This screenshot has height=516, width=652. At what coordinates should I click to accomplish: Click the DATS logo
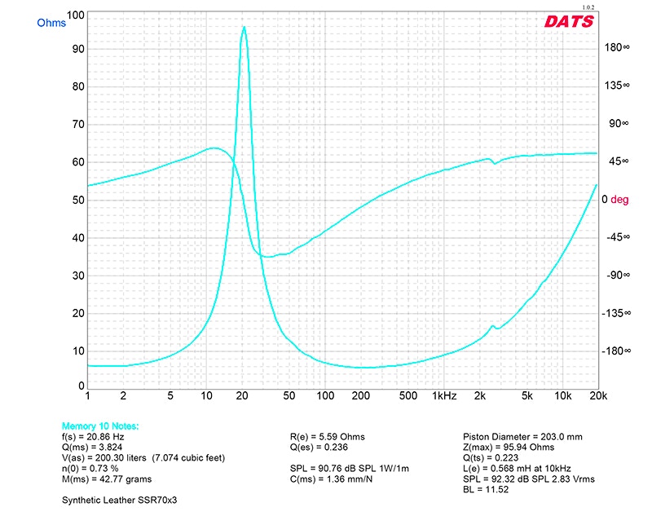(569, 22)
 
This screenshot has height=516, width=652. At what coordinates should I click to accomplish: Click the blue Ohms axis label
(51, 23)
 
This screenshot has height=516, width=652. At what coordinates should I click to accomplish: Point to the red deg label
(621, 199)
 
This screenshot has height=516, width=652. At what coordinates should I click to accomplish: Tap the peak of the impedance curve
(244, 27)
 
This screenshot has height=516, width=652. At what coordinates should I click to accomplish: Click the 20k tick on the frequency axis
(598, 395)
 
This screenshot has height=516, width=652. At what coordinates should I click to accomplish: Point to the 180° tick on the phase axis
(615, 47)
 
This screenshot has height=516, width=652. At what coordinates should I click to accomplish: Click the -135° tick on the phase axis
(615, 313)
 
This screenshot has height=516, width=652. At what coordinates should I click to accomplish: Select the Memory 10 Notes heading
(100, 426)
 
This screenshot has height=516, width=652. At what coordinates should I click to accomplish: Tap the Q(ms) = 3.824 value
(91, 448)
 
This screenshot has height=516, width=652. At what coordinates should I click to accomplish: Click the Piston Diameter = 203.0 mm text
(522, 436)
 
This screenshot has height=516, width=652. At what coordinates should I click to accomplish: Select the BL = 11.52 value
(481, 490)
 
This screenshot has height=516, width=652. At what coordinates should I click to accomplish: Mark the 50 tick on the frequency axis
(289, 395)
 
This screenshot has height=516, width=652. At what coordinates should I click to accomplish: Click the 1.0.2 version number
(588, 7)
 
